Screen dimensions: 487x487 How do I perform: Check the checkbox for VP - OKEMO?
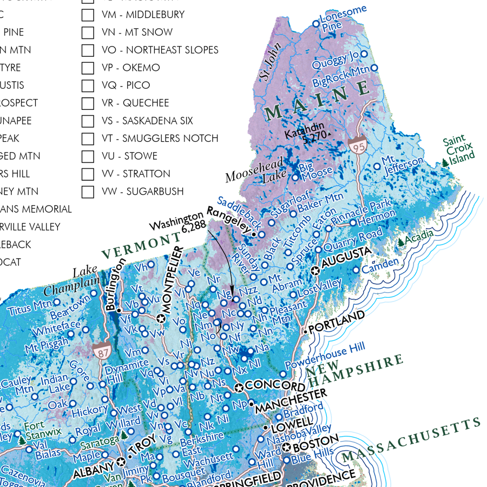(x=88, y=68)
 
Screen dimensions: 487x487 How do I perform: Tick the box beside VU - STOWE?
(x=88, y=156)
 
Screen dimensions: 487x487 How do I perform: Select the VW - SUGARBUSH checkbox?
(x=88, y=192)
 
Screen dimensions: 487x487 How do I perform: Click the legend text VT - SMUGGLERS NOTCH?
(x=160, y=139)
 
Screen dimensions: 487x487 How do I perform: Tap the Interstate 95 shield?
(x=358, y=146)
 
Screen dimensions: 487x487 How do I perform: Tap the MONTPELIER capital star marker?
(x=160, y=319)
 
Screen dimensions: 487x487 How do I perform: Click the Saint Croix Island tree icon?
(x=445, y=162)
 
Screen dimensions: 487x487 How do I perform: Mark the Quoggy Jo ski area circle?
(x=364, y=54)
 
